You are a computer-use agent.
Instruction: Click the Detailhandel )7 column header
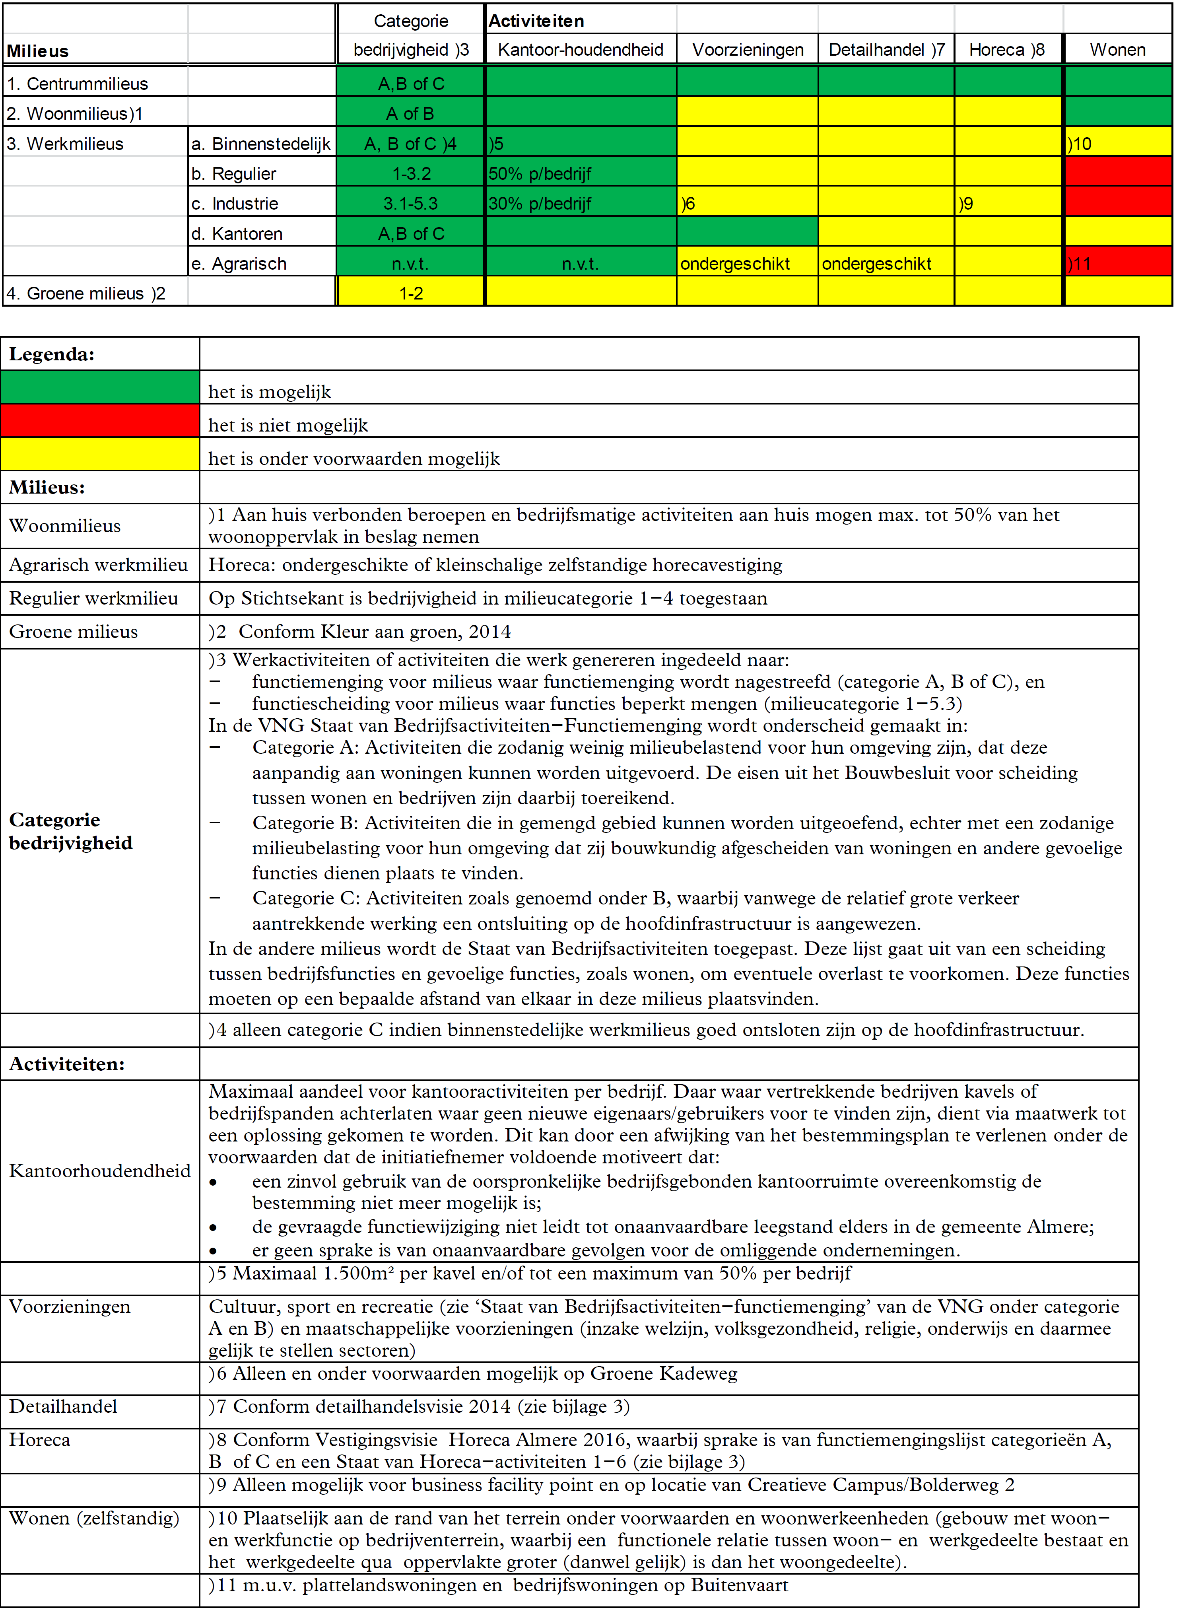[x=886, y=50]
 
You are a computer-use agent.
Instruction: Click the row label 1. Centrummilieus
[x=78, y=84]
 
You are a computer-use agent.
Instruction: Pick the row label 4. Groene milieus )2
[x=85, y=294]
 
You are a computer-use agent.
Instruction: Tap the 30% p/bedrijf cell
[x=540, y=204]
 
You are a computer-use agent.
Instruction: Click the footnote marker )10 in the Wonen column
[x=1080, y=144]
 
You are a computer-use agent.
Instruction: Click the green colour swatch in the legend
[x=100, y=387]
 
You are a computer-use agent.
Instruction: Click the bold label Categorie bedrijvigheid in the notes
[x=70, y=831]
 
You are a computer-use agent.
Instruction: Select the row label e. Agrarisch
[x=239, y=264]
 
